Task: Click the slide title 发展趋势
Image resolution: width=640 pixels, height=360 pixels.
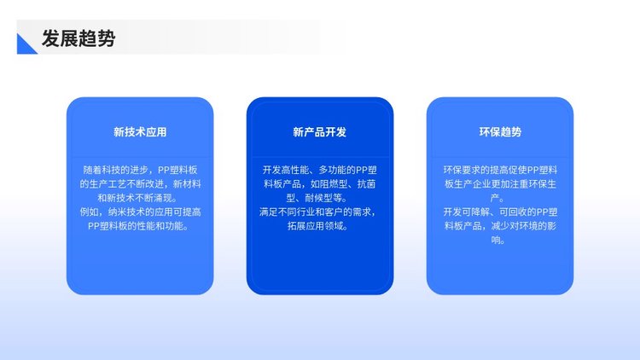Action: (79, 38)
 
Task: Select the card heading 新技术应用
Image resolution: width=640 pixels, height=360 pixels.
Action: (140, 132)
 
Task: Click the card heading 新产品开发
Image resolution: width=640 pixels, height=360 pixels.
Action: (320, 132)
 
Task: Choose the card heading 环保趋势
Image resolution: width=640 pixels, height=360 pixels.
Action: (500, 132)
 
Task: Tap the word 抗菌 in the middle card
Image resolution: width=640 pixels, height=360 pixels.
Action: (366, 184)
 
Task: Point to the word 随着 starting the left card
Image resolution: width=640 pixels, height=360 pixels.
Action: (92, 170)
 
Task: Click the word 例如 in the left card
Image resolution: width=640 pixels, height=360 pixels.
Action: (89, 212)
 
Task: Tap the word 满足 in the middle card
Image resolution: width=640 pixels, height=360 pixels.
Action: (269, 212)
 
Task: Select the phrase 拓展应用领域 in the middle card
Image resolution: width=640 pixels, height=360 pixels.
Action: (315, 226)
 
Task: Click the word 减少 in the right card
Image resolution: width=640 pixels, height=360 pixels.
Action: (500, 226)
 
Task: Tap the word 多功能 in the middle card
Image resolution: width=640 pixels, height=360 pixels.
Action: (332, 170)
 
